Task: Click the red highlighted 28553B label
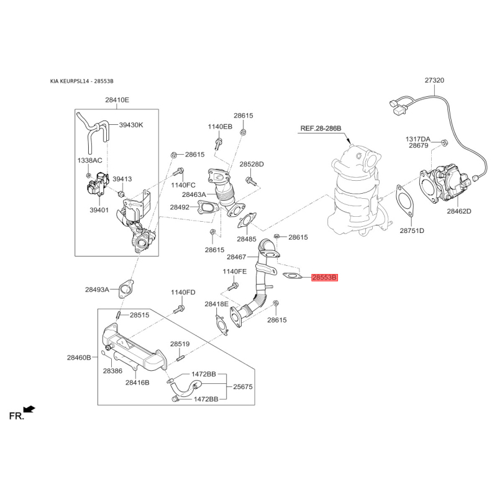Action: click(x=324, y=278)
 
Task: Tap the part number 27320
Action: click(x=434, y=80)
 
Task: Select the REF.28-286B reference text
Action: click(x=321, y=129)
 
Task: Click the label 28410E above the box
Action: click(x=117, y=100)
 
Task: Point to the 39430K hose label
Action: click(x=131, y=125)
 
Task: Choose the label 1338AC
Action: click(x=89, y=160)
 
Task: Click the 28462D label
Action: click(x=458, y=211)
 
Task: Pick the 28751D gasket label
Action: click(x=412, y=230)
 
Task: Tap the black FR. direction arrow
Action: click(x=29, y=409)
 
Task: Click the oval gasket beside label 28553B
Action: click(x=291, y=276)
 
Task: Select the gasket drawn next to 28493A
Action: click(x=126, y=289)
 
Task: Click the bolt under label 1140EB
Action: click(x=219, y=144)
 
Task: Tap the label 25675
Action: click(x=243, y=386)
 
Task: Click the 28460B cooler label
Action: click(x=79, y=358)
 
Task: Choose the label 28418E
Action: click(x=216, y=304)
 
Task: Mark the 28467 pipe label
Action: click(x=237, y=257)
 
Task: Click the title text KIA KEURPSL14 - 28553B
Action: click(x=82, y=81)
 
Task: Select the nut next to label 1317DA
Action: click(x=444, y=142)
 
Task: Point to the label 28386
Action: click(x=112, y=370)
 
